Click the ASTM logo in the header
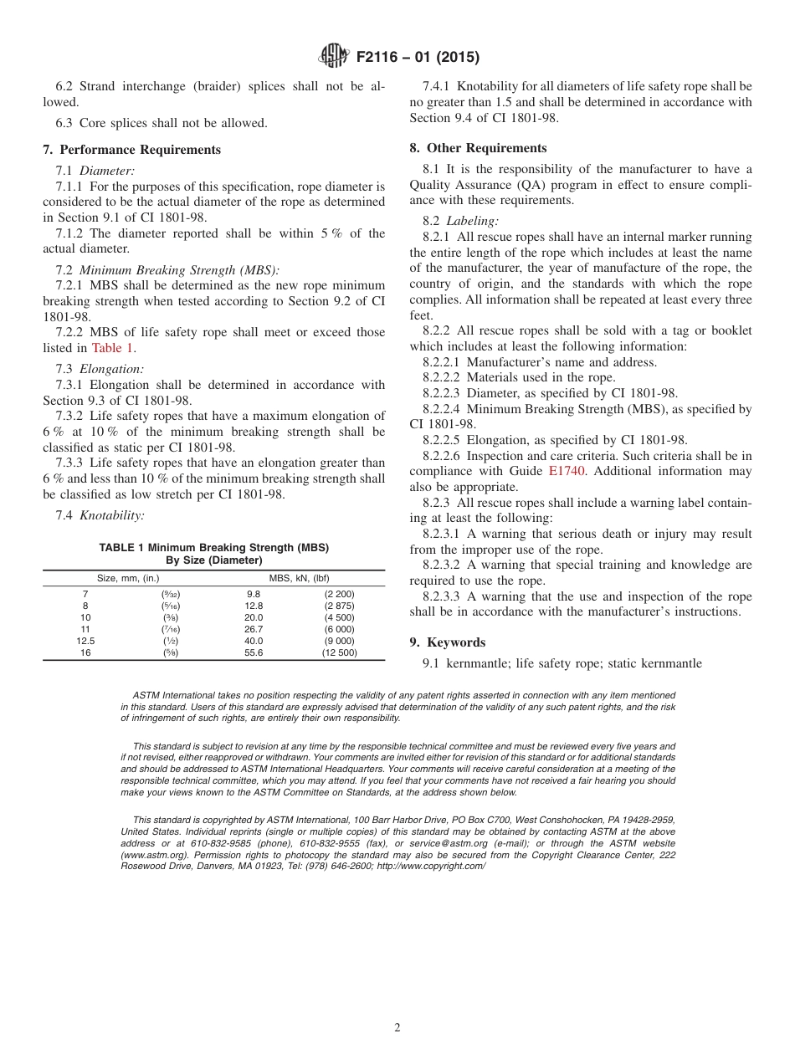(335, 58)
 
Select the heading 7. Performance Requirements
(132, 150)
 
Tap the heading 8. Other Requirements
(478, 148)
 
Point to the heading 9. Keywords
(448, 642)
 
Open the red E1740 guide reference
(567, 472)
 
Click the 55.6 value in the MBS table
(254, 653)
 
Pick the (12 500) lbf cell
(339, 653)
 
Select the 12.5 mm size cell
(85, 642)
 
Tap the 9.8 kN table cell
(254, 595)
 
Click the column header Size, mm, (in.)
(128, 578)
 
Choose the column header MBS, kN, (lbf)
(299, 578)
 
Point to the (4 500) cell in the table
(339, 618)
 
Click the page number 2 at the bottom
(397, 1028)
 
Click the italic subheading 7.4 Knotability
(100, 515)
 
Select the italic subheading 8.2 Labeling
(461, 222)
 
